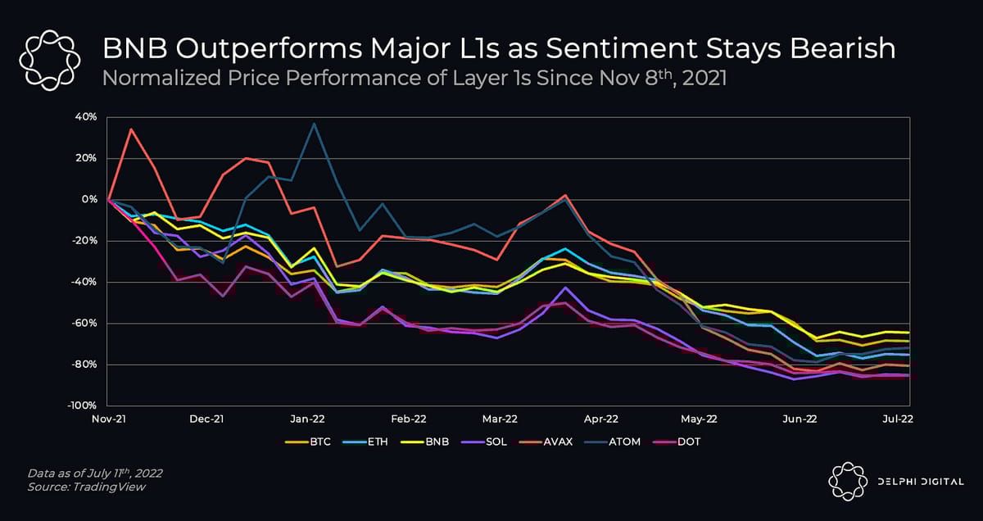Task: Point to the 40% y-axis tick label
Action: pyautogui.click(x=86, y=117)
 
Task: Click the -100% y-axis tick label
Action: pyautogui.click(x=82, y=405)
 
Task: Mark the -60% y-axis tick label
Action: pyautogui.click(x=84, y=323)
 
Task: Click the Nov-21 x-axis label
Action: pyautogui.click(x=108, y=419)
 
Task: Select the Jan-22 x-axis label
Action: pyautogui.click(x=306, y=419)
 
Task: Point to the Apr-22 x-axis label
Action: pyautogui.click(x=600, y=419)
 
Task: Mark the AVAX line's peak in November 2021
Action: pyautogui.click(x=131, y=129)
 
